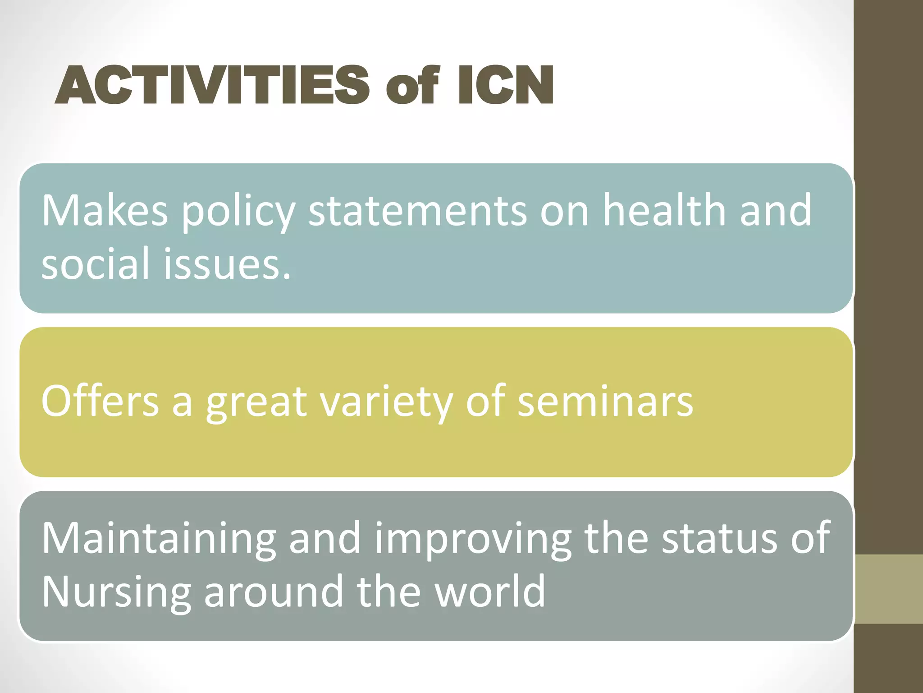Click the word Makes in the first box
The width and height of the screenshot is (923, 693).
tap(105, 210)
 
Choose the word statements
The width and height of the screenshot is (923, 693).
tap(417, 210)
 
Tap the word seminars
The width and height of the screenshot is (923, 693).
tap(605, 402)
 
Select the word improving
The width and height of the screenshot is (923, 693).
tap(473, 539)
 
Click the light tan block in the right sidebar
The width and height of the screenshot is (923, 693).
tap(888, 589)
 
